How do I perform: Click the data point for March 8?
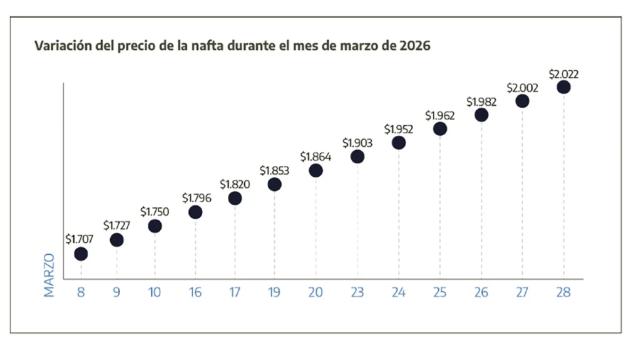(81, 254)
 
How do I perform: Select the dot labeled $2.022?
(563, 87)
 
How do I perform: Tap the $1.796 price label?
(197, 198)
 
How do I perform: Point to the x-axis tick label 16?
(195, 292)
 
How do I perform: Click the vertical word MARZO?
(49, 274)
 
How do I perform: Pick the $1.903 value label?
(357, 143)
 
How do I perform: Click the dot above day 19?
(274, 184)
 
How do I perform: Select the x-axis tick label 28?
(563, 292)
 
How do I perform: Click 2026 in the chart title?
(414, 46)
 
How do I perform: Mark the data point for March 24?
(399, 143)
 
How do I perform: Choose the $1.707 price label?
(79, 239)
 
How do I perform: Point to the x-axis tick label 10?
(155, 292)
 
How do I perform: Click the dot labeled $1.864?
(315, 170)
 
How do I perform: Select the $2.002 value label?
(523, 88)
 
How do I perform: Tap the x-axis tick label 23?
(357, 292)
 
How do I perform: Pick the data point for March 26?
(481, 115)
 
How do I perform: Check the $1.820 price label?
(235, 184)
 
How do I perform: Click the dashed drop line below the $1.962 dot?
(440, 207)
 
